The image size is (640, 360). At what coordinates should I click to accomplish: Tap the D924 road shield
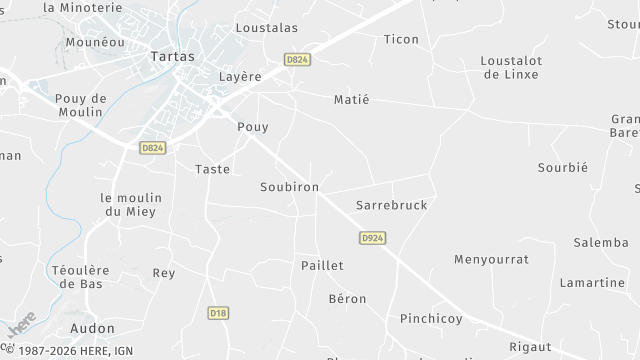[372, 238]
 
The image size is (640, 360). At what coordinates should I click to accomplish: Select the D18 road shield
[219, 313]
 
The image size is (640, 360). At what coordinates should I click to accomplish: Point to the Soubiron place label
[289, 187]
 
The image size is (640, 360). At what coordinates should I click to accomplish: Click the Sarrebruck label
[391, 205]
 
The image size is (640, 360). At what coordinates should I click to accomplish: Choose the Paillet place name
[322, 265]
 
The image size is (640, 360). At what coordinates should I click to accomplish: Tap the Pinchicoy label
[431, 319]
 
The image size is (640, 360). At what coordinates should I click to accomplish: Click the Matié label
[351, 99]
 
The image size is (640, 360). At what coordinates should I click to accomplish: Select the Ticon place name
[401, 39]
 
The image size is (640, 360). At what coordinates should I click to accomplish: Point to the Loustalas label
[266, 28]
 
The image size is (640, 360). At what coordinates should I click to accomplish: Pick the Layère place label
[240, 76]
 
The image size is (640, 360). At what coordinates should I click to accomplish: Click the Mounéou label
[94, 43]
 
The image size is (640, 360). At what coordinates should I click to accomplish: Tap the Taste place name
[213, 169]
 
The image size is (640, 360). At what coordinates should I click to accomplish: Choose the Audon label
[92, 328]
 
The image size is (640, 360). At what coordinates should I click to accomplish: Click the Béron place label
[347, 299]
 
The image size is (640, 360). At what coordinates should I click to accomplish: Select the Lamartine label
[591, 283]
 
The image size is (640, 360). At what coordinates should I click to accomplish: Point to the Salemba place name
[600, 243]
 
